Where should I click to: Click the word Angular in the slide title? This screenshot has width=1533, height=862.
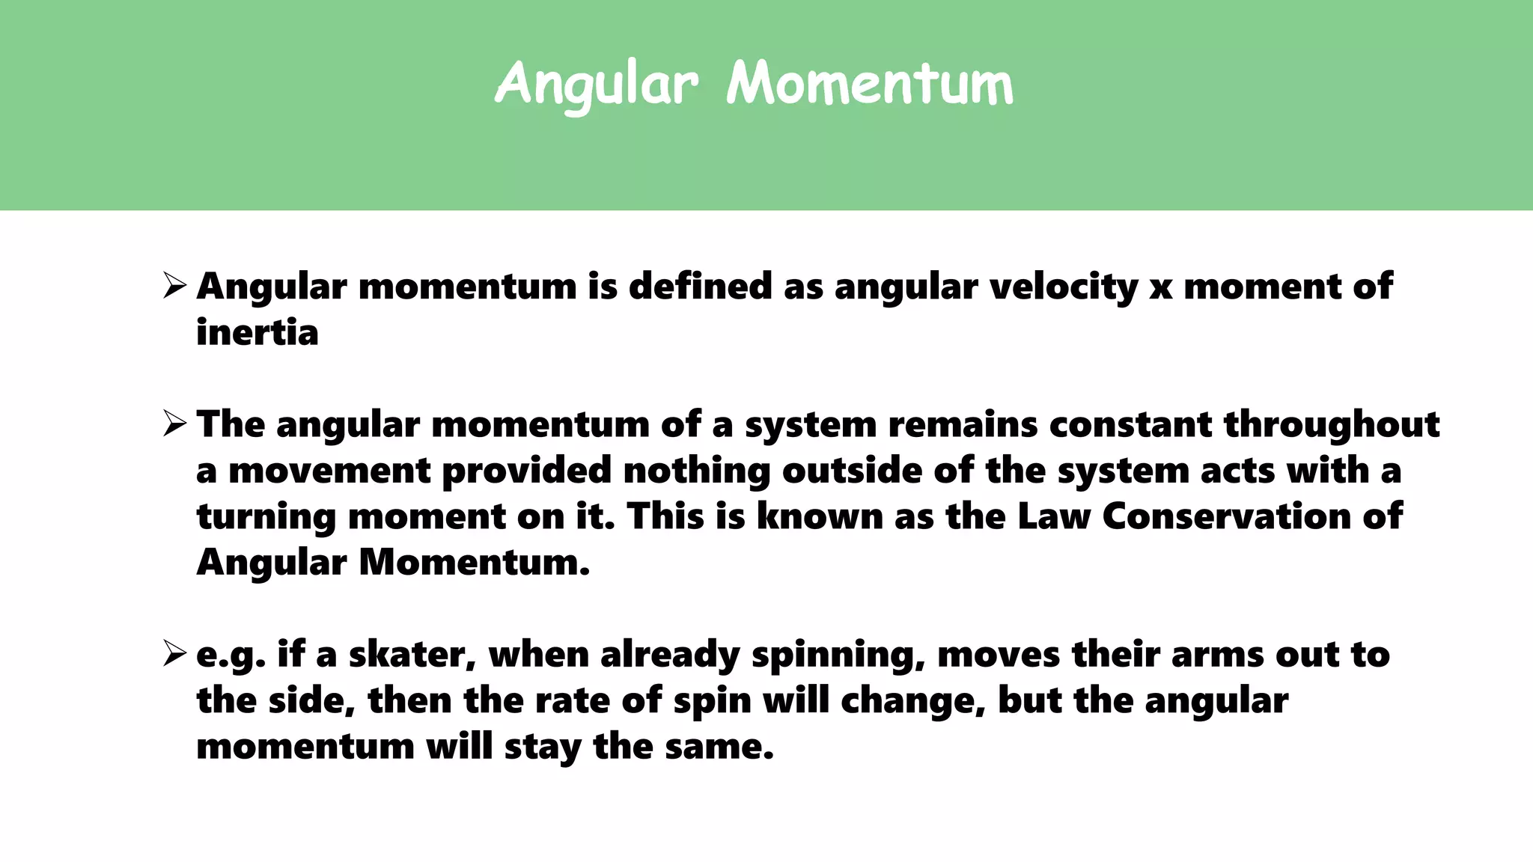[x=597, y=84]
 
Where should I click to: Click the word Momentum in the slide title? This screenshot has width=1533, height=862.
[x=870, y=84]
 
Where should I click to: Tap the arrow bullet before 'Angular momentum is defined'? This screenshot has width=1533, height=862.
[x=174, y=286]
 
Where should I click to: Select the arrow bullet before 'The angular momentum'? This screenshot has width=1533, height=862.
[x=174, y=424]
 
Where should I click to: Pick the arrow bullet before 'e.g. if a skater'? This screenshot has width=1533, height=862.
[x=174, y=654]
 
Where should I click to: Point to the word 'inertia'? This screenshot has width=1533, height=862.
[x=257, y=332]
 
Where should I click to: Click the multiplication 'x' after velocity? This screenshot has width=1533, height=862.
[x=1160, y=289]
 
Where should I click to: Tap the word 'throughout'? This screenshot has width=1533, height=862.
[x=1332, y=425]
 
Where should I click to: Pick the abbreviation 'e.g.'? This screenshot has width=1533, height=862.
[x=231, y=656]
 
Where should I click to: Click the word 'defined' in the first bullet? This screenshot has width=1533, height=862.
[x=700, y=287]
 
